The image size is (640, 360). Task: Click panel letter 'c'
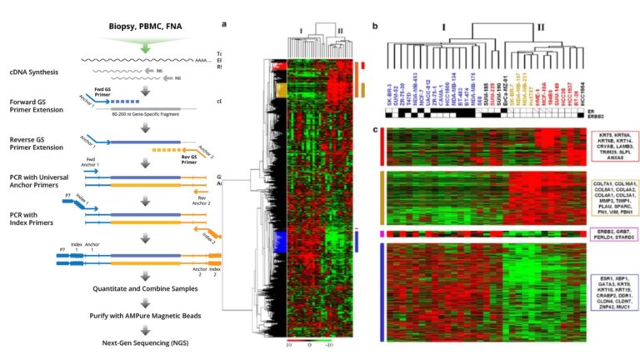coord(376,129)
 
